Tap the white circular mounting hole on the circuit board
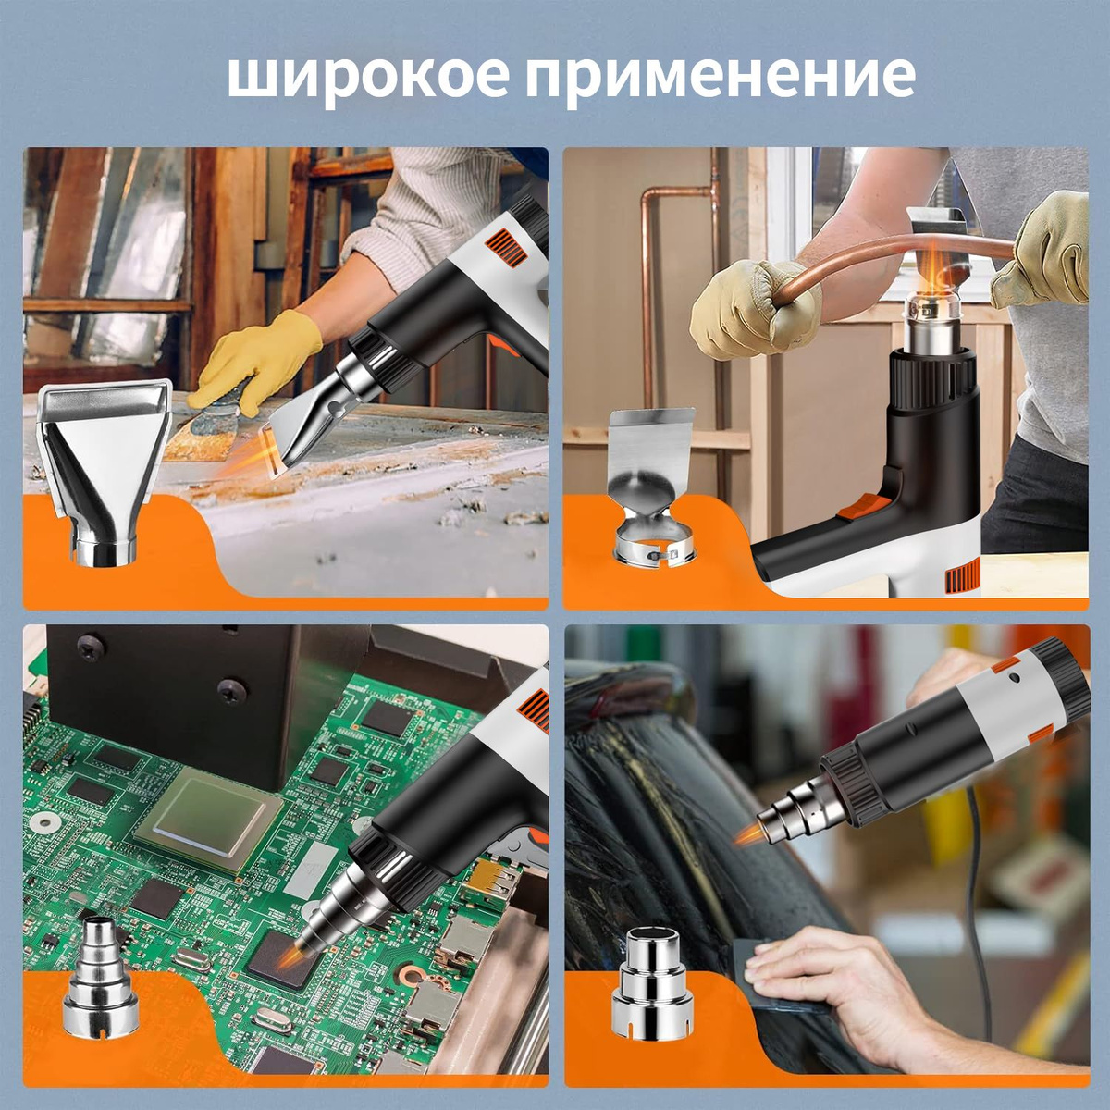click(x=40, y=820)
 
